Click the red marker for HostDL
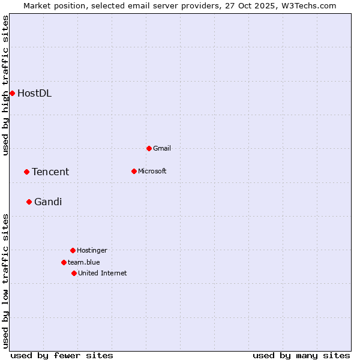[x=12, y=93]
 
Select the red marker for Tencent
[x=26, y=172]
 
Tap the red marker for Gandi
[x=29, y=202]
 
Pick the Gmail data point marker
[x=149, y=148]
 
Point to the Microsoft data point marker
[x=134, y=171]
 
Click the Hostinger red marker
[x=73, y=250]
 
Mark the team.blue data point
[x=64, y=262]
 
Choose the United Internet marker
[x=74, y=273]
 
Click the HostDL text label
[x=34, y=93]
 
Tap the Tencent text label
[x=50, y=172]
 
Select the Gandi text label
[x=48, y=202]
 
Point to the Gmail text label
[x=162, y=148]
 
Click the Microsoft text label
[x=152, y=171]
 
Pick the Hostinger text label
[x=92, y=250]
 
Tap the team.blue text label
[x=84, y=262]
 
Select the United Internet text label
[x=103, y=273]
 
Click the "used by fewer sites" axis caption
[x=62, y=355]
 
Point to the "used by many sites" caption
[x=301, y=355]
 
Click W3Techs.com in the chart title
[x=308, y=5]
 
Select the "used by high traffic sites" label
[x=5, y=85]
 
